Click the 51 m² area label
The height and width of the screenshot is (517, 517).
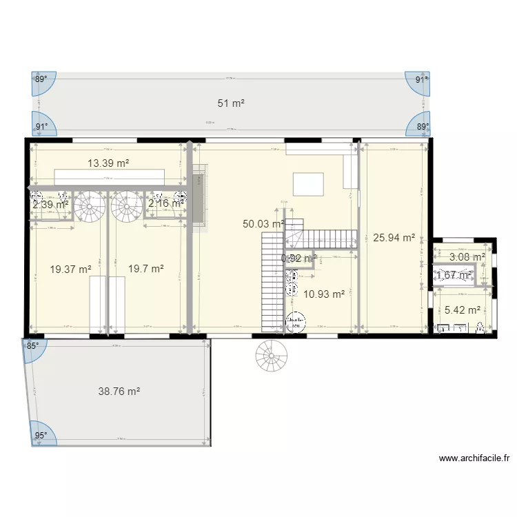pyautogui.click(x=232, y=103)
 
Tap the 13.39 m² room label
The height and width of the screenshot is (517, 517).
pyautogui.click(x=109, y=163)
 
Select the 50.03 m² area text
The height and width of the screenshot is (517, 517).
pyautogui.click(x=263, y=223)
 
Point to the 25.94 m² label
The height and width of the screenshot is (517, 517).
pyautogui.click(x=394, y=238)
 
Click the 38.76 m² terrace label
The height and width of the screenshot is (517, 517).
pyautogui.click(x=119, y=391)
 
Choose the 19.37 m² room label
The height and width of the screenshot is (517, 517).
pyautogui.click(x=71, y=270)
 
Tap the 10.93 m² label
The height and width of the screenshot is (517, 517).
pyautogui.click(x=324, y=294)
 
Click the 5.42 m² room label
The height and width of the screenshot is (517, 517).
pyautogui.click(x=463, y=310)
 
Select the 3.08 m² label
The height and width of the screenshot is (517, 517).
pyautogui.click(x=467, y=257)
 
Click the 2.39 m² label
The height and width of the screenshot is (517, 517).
pyautogui.click(x=50, y=204)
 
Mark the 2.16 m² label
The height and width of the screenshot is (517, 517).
pyautogui.click(x=166, y=203)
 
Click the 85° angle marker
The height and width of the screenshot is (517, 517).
pyautogui.click(x=32, y=347)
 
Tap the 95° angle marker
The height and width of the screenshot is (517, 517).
pyautogui.click(x=42, y=435)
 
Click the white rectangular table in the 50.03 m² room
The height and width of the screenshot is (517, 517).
pyautogui.click(x=307, y=184)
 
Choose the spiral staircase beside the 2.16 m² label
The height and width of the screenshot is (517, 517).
pyautogui.click(x=125, y=205)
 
